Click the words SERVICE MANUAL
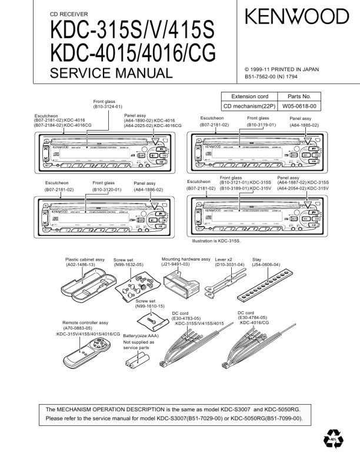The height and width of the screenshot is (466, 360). pos(111,74)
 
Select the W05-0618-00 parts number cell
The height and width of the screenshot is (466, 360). pos(299,106)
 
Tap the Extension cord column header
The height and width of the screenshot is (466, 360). pos(249,96)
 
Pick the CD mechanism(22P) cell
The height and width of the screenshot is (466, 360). pos(249,106)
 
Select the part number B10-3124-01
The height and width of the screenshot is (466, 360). pos(107,107)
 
